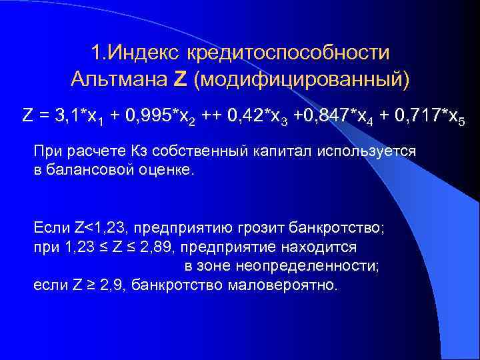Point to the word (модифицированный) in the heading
pos(301,79)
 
